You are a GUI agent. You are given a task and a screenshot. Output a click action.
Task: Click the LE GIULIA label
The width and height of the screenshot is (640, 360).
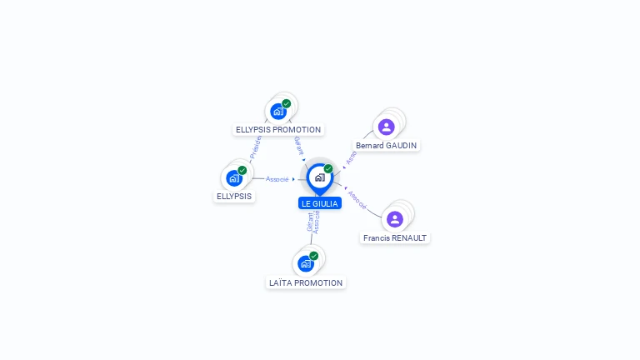point(320,203)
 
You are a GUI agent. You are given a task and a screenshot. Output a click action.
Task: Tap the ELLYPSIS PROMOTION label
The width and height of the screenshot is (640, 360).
point(278,129)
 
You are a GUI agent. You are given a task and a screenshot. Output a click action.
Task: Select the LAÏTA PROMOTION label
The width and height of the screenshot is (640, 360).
point(306,282)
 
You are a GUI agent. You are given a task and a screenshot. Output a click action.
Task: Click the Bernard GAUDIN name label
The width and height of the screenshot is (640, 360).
point(386,145)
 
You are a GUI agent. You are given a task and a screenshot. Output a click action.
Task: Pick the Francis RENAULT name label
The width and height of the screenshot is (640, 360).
point(395,237)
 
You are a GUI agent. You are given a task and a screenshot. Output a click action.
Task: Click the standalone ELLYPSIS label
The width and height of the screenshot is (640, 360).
point(234,197)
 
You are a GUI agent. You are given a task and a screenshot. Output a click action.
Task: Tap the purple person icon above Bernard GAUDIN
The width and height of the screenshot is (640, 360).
point(386,127)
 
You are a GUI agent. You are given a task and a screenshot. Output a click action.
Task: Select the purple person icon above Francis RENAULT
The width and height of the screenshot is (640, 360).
point(395,219)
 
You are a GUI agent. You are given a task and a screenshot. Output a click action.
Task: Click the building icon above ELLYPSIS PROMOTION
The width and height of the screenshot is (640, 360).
point(278,112)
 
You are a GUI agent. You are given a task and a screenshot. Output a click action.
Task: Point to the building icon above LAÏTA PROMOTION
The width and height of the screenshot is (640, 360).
point(306,263)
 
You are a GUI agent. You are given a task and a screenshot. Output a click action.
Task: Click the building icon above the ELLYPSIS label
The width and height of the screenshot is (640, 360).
point(234,177)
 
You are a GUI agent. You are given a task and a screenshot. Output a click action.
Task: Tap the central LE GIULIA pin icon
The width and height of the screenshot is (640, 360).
point(319,177)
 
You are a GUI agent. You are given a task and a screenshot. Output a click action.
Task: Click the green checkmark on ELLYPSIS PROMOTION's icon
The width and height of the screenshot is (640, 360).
point(287,104)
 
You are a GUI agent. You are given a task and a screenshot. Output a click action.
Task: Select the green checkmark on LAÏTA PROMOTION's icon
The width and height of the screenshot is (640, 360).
point(314,256)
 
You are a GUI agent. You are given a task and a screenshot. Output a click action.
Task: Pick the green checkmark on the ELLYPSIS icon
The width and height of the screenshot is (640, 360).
point(242,170)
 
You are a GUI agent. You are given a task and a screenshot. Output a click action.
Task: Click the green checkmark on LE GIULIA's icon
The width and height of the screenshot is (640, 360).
point(328,169)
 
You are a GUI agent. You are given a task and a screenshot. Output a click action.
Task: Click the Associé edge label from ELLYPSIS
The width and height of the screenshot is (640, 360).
point(277,179)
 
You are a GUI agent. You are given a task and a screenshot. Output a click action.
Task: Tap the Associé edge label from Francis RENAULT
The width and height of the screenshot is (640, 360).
point(357,199)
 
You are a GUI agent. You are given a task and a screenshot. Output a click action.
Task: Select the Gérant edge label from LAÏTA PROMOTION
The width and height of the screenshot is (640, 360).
point(310,222)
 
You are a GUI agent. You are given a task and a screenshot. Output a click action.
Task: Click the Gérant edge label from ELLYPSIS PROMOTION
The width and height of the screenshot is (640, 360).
point(298,146)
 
